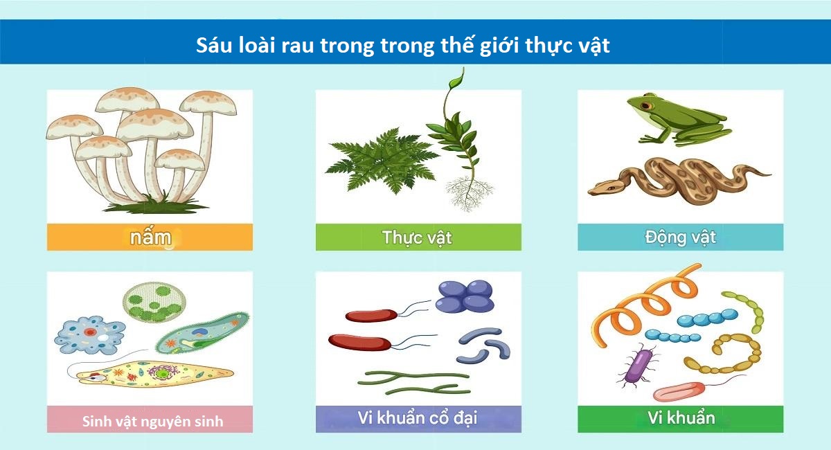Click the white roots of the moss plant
tap(470, 193)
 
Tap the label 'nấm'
tap(150, 237)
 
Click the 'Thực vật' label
tap(417, 237)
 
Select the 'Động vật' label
tap(680, 237)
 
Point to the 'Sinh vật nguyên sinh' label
tap(152, 422)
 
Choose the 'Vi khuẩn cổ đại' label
tap(418, 417)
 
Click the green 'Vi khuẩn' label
tap(681, 417)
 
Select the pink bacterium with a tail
tap(679, 391)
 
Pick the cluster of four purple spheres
tap(465, 296)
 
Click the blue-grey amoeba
tap(90, 335)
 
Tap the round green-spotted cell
tap(154, 302)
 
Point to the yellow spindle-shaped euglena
tap(150, 374)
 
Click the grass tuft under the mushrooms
tap(156, 205)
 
